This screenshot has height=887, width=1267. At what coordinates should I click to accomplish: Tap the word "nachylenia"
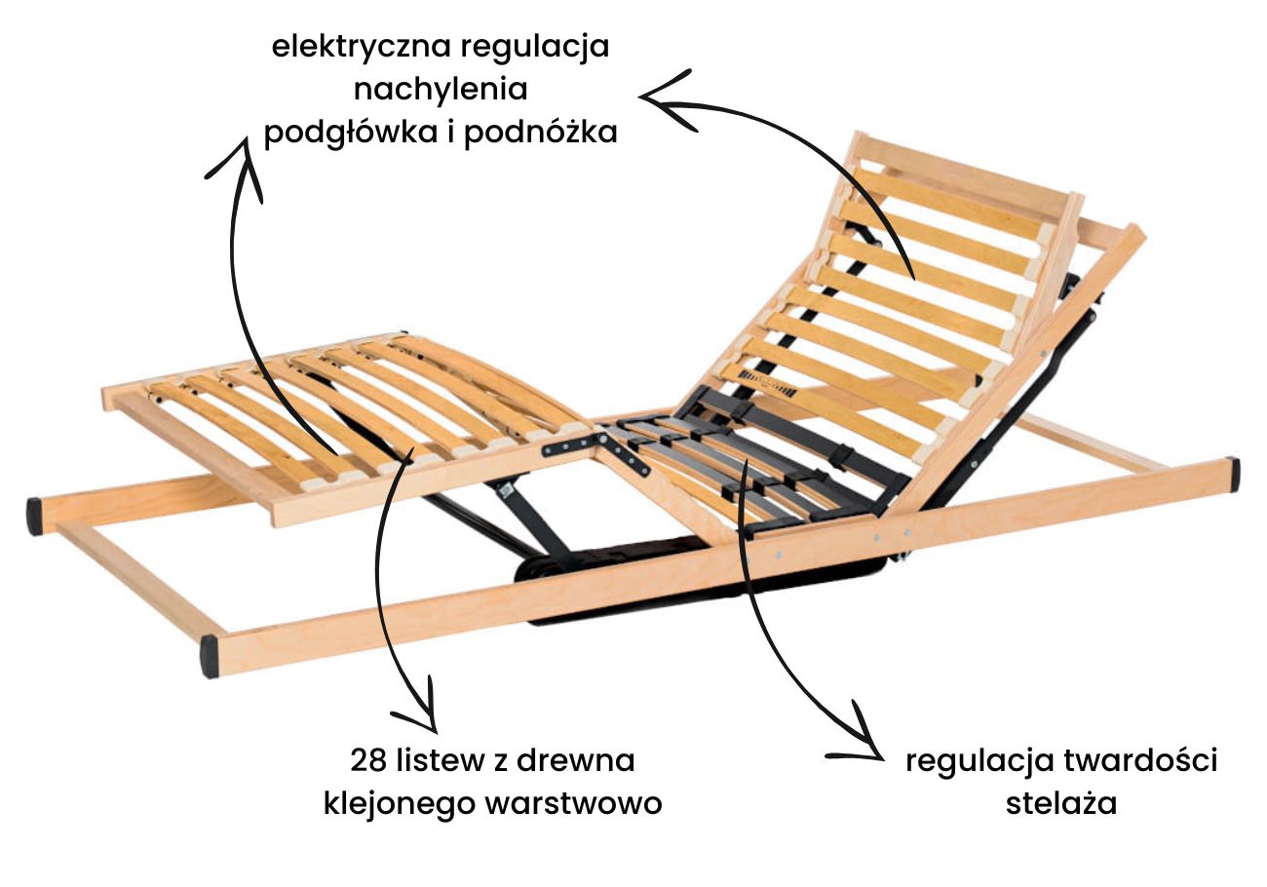pyautogui.click(x=441, y=90)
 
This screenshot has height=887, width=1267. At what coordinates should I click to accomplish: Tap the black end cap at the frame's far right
pyautogui.click(x=1233, y=474)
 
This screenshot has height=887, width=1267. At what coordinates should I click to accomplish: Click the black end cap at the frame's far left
pyautogui.click(x=34, y=516)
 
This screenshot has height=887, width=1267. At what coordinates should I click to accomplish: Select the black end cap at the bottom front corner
pyautogui.click(x=210, y=656)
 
